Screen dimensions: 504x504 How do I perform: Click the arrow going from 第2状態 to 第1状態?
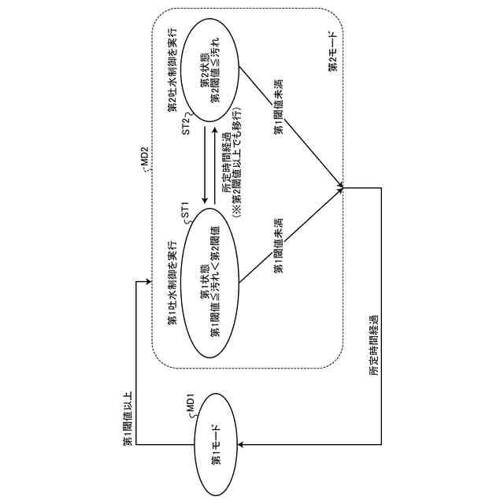click(x=205, y=162)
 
